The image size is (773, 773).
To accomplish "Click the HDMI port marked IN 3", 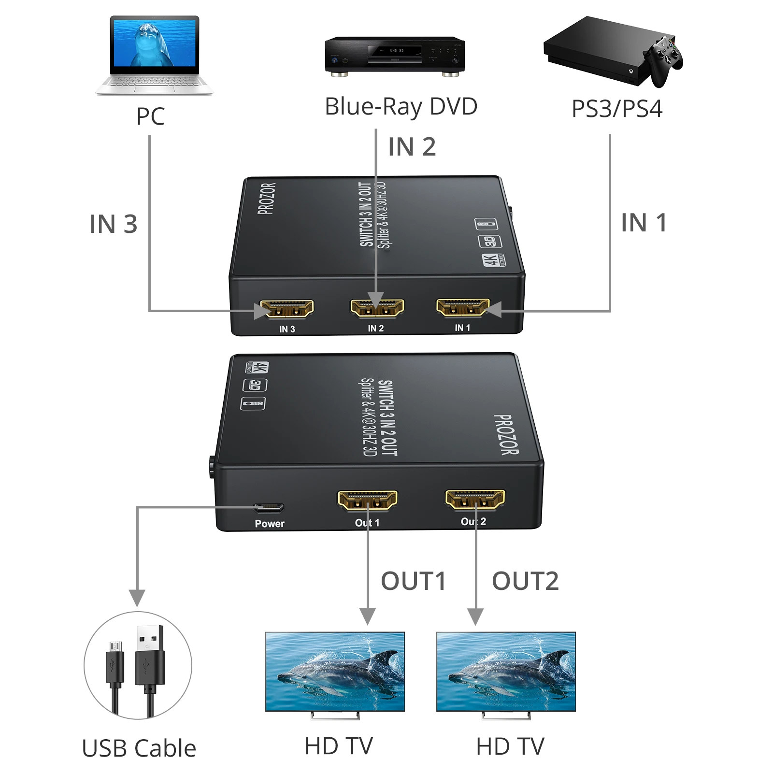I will (287, 309).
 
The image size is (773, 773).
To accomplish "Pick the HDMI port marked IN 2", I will (377, 308).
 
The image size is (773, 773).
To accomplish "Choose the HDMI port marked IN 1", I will (463, 307).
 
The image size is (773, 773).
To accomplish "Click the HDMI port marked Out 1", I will (367, 501).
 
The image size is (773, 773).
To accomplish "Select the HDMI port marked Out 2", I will (475, 500).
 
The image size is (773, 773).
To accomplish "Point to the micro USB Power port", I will (269, 508).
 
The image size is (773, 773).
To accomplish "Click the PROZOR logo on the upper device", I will (267, 198).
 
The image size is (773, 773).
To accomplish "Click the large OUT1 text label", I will (413, 581).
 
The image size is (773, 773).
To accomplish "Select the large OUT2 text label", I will (525, 581).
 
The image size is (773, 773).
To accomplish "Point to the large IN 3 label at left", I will (114, 224).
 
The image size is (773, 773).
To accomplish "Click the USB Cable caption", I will (139, 748).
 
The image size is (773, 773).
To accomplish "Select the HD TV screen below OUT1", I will (335, 672).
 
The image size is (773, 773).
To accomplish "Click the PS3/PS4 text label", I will (616, 109).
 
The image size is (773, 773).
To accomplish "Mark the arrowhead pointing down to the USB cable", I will (137, 598).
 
